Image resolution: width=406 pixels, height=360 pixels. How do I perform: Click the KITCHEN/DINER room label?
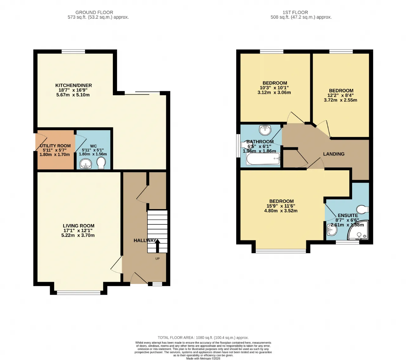point(74,85)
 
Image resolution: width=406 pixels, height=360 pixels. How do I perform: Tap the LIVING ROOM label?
point(79,226)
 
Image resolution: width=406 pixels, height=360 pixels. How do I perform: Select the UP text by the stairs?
point(158,259)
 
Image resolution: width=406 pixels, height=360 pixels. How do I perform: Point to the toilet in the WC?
point(101,163)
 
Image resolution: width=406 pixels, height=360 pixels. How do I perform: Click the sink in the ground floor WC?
point(86,164)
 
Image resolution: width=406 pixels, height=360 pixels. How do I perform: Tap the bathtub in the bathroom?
point(263,159)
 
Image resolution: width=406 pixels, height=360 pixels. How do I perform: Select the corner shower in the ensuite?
point(358,230)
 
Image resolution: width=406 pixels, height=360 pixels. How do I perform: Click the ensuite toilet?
point(363,209)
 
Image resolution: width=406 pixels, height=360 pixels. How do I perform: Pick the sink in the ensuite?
point(332,230)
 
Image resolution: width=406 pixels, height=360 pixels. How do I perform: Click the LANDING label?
point(334,154)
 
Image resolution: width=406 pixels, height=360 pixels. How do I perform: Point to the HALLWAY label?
point(145,241)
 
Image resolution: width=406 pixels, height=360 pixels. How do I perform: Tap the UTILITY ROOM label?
point(55,146)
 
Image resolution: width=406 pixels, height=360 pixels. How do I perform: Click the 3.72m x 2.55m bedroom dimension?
point(340,100)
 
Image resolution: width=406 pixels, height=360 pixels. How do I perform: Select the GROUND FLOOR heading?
point(94,12)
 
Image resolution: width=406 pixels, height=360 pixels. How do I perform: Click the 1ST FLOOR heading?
point(295,12)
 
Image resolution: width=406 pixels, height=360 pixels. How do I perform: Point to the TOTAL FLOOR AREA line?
point(203,337)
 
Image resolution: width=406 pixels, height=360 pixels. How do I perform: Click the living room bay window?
point(79,293)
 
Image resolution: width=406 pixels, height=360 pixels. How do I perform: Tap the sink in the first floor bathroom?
point(265,130)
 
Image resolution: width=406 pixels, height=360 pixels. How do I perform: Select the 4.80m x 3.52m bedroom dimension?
point(281,211)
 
